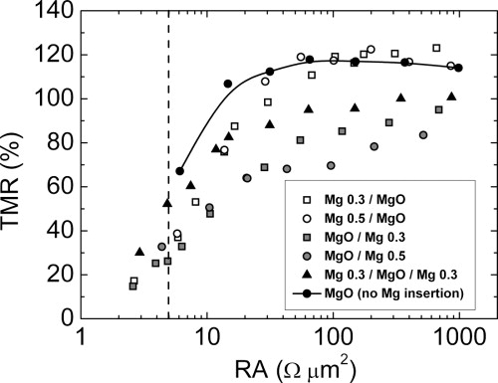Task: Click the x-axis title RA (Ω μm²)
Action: point(271,366)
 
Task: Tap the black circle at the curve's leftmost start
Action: point(180,171)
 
